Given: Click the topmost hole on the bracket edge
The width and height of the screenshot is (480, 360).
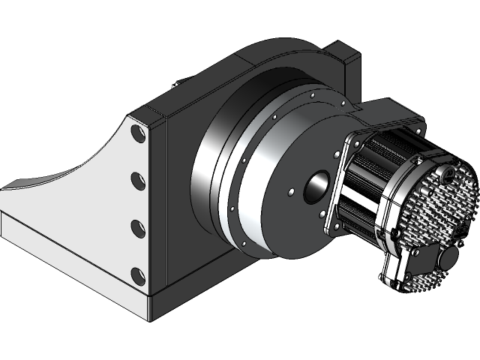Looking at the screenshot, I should tap(138, 134).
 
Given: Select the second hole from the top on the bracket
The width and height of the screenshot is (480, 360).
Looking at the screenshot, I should tap(138, 180).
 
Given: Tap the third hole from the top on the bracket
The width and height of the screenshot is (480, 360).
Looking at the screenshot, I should tap(137, 226).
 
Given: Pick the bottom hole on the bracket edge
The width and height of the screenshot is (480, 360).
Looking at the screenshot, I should tap(137, 273).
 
